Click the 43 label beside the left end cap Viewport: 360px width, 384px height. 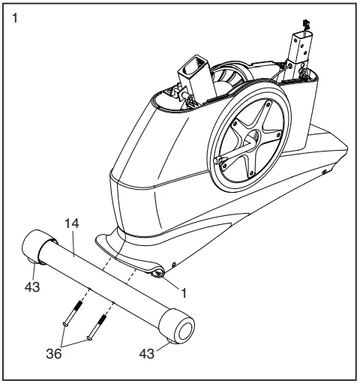coord(32,286)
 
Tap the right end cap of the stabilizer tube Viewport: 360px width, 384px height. coord(179,326)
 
